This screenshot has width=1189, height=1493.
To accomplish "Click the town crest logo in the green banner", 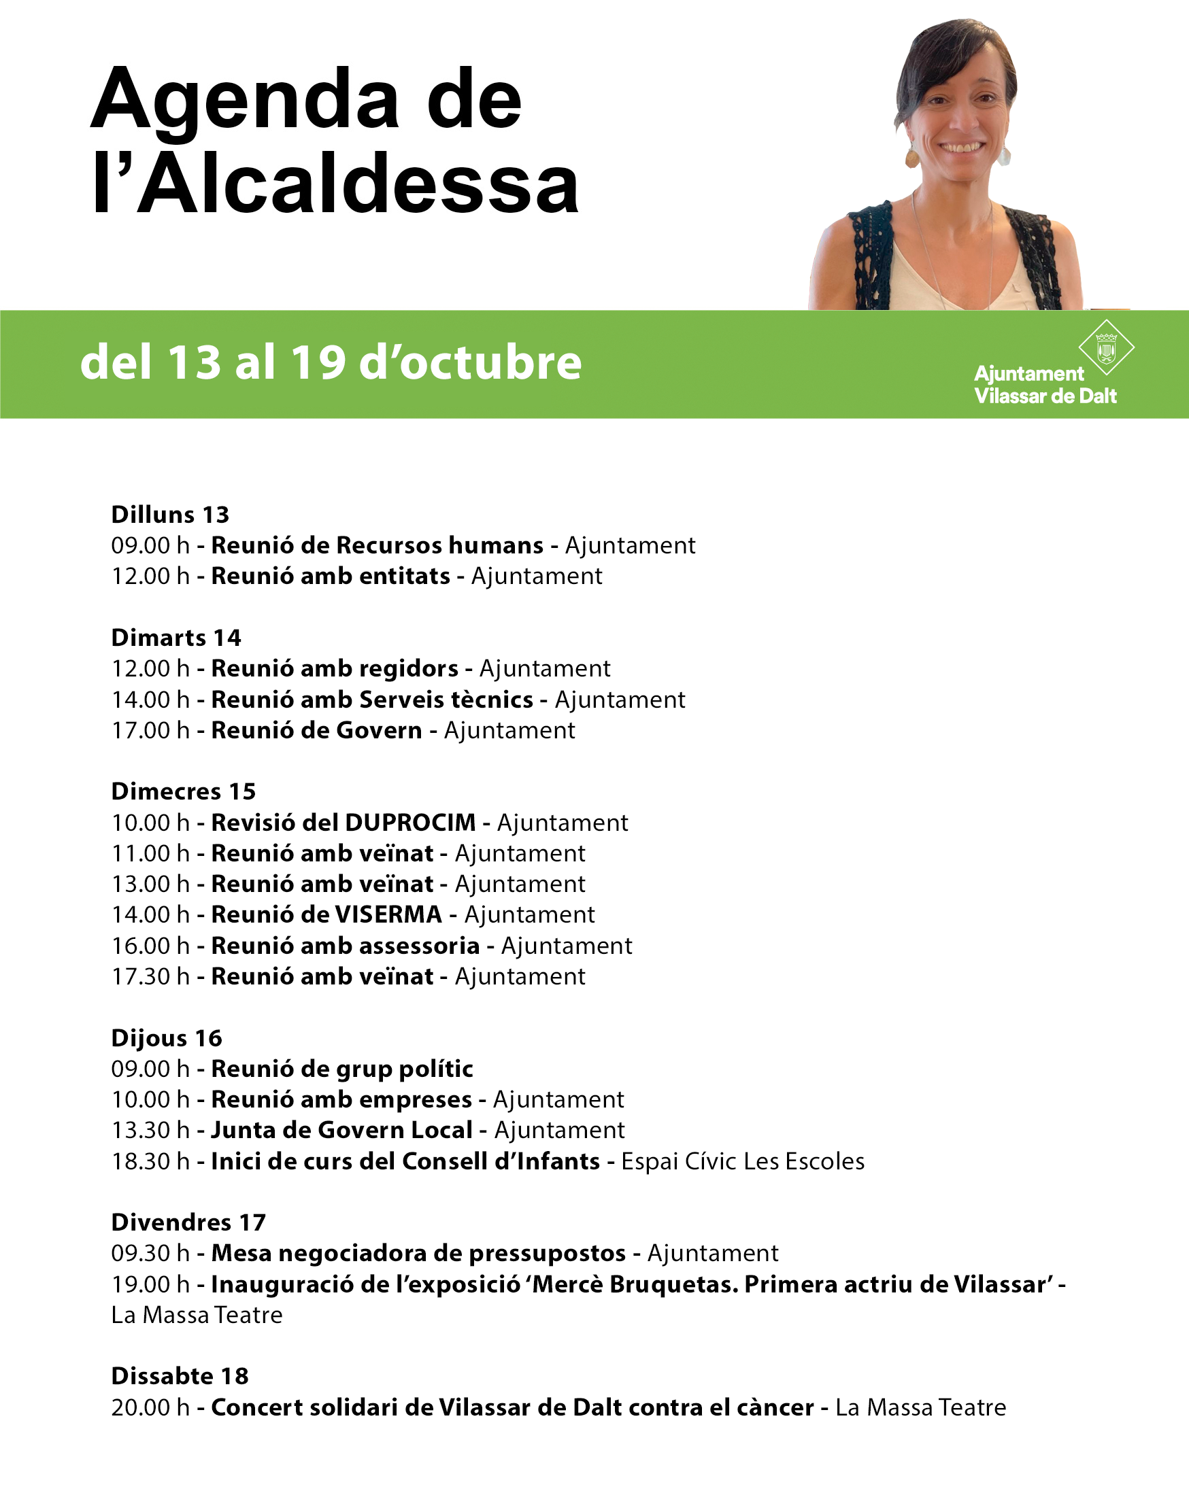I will [x=1106, y=347].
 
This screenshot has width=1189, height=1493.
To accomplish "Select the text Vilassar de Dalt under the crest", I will [x=1045, y=396].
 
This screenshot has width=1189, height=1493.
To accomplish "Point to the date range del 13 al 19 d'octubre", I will [x=331, y=362].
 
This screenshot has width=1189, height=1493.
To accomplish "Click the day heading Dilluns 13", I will [x=170, y=515].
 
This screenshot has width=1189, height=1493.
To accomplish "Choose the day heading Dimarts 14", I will [x=176, y=638].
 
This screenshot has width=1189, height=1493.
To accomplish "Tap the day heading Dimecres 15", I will [x=184, y=791].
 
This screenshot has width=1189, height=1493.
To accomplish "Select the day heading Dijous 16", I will [x=166, y=1038].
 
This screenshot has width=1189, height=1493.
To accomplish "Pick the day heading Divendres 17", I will [x=188, y=1222].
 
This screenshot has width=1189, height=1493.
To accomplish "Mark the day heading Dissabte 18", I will [x=180, y=1376].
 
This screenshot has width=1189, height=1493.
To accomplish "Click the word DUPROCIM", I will [x=410, y=823].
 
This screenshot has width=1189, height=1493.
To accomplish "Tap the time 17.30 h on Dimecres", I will [x=150, y=976].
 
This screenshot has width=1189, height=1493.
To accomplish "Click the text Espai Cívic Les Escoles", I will [x=743, y=1161].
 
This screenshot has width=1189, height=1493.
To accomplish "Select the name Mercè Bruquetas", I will [x=636, y=1284].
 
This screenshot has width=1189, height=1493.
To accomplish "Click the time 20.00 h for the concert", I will [x=150, y=1408].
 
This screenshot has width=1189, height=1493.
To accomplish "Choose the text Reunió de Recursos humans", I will [x=377, y=546].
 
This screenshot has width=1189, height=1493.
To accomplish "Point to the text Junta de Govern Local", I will [x=341, y=1130].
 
